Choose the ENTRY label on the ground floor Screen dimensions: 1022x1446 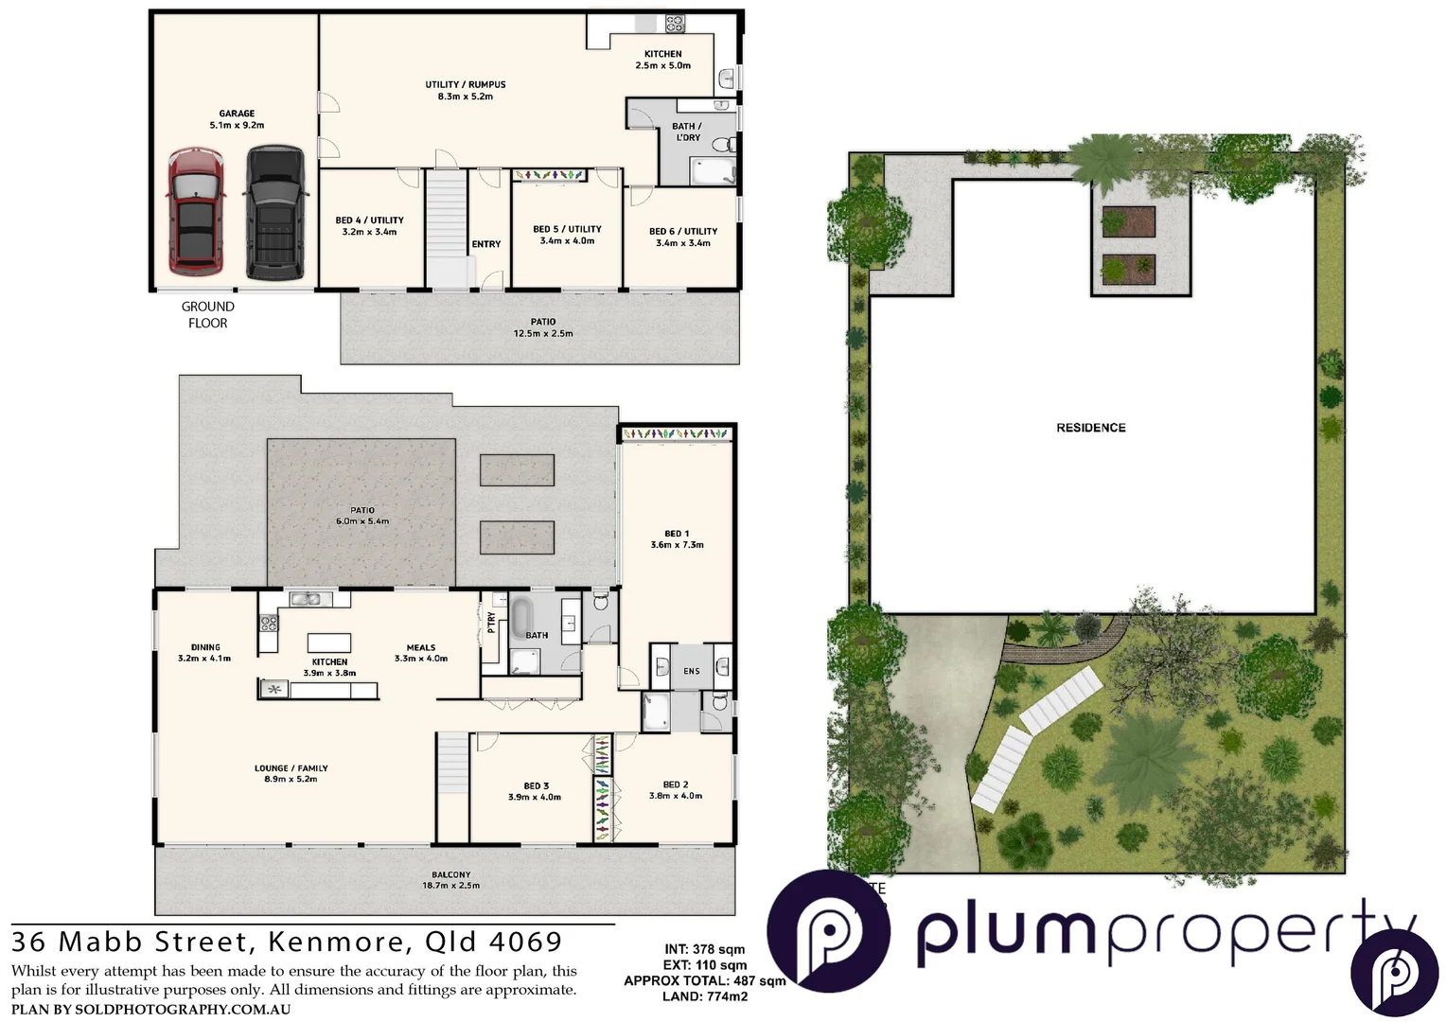coord(486,244)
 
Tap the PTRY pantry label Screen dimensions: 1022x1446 coord(491,622)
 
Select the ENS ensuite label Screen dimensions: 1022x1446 coord(692,671)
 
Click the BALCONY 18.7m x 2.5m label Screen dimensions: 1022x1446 coord(450,880)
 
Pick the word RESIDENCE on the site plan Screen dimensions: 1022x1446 coord(1090,428)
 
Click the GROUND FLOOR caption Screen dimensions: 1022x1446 coord(207,314)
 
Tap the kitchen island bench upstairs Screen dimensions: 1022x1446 coord(329,643)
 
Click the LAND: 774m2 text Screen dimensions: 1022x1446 coord(704,996)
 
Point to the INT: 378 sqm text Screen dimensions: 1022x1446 coord(704,949)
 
